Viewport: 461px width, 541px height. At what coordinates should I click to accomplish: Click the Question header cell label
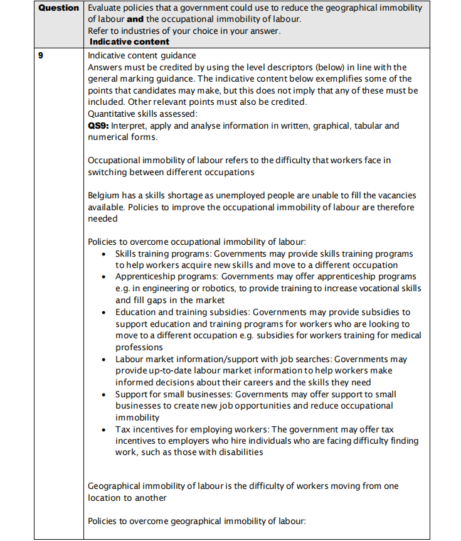(x=59, y=8)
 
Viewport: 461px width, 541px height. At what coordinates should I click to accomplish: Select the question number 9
(x=41, y=55)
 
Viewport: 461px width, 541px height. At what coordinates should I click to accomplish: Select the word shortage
(x=182, y=196)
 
